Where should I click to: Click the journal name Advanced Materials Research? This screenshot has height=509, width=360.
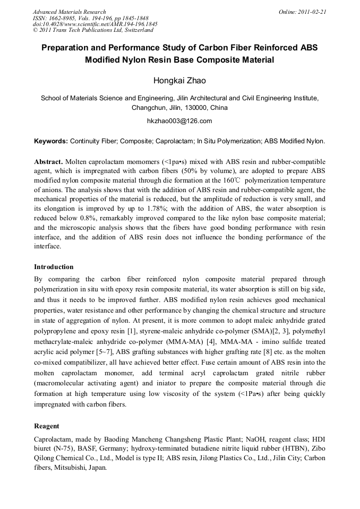69,12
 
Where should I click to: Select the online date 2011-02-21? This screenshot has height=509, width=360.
312,12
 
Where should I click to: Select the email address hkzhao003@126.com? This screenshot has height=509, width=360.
179,121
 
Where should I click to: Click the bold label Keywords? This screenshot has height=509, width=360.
51,141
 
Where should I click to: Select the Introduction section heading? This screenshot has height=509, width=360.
54,267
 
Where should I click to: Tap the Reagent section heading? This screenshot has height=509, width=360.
47,426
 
